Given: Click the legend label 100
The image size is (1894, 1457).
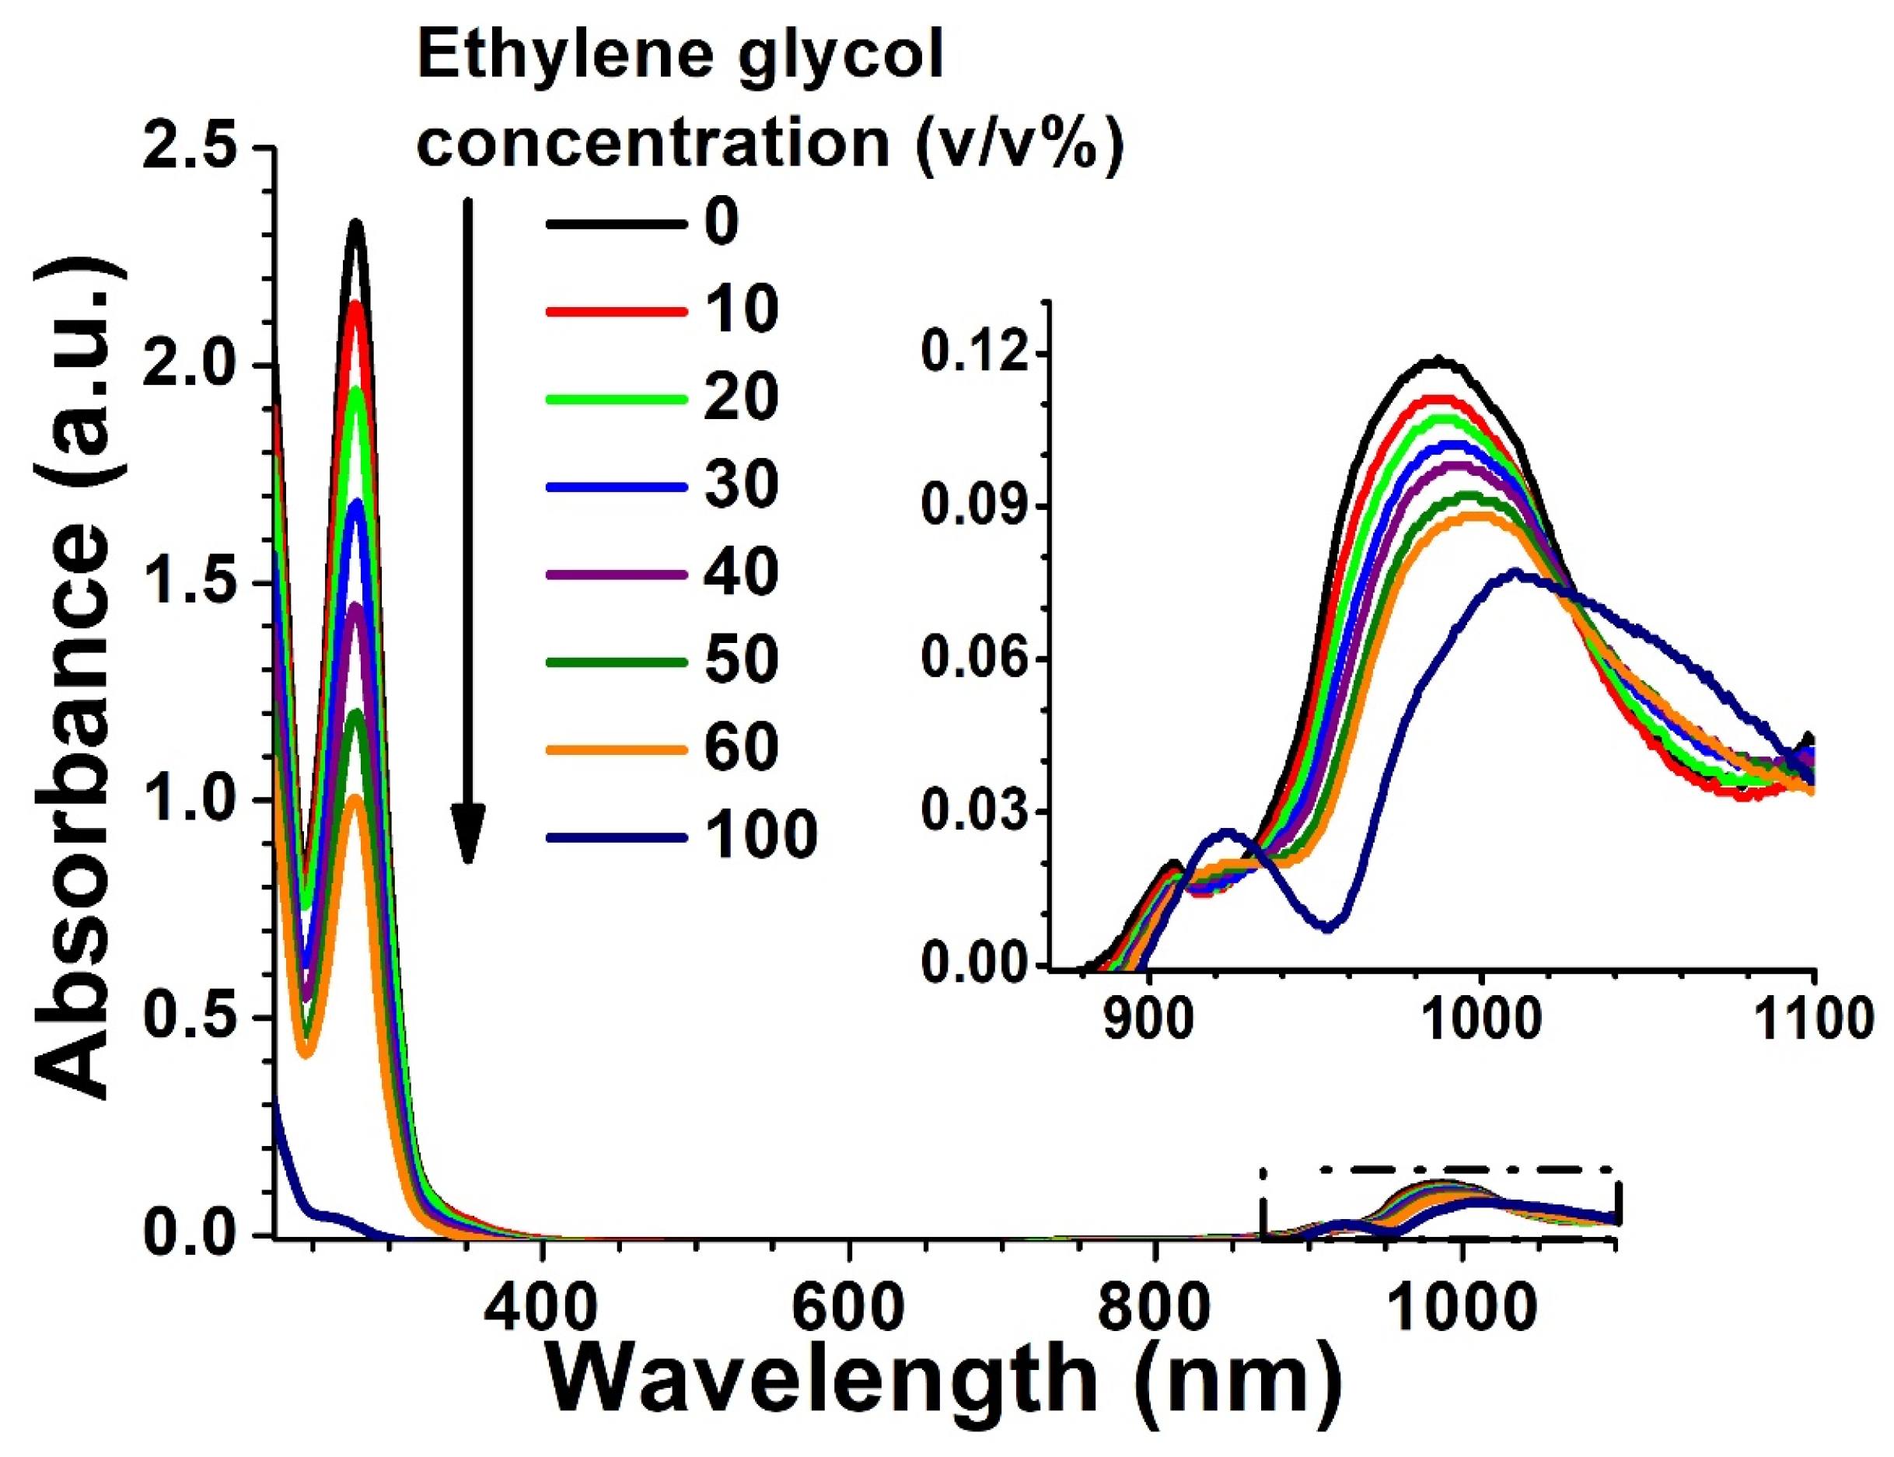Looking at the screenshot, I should (760, 835).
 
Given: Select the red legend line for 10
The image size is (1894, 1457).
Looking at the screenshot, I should (616, 309).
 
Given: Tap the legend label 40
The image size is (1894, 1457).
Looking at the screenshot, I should (739, 572).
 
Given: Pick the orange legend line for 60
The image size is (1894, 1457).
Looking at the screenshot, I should (616, 748).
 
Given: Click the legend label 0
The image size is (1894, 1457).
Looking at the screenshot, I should (721, 222).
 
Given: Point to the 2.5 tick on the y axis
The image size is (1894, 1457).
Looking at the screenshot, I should (190, 145).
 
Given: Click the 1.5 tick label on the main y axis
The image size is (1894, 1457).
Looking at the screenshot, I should (190, 582).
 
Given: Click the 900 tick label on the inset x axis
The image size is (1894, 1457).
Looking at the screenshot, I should (1148, 1020).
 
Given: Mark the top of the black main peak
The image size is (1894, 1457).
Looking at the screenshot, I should (355, 224).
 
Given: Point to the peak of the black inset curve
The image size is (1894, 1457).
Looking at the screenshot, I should (1438, 361).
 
